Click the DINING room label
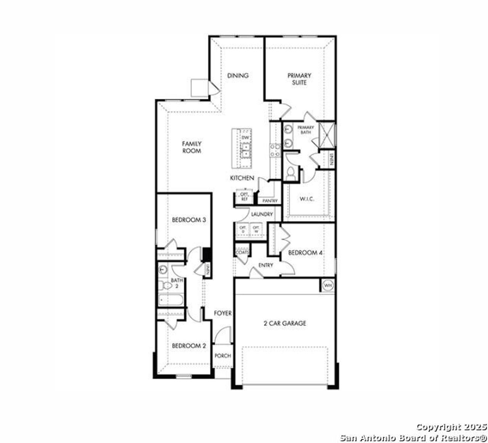pyautogui.click(x=238, y=76)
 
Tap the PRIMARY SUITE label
pyautogui.click(x=299, y=79)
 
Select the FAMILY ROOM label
pyautogui.click(x=191, y=147)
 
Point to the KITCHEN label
pyautogui.click(x=242, y=178)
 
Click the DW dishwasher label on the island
pyautogui.click(x=246, y=137)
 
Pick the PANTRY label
pyautogui.click(x=270, y=201)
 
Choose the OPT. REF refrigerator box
pyautogui.click(x=244, y=197)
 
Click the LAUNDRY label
pyautogui.click(x=262, y=214)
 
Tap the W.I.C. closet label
pyautogui.click(x=307, y=199)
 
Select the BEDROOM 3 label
pyautogui.click(x=189, y=220)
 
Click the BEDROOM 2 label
pyautogui.click(x=189, y=346)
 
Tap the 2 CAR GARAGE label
pyautogui.click(x=285, y=323)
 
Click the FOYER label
pyautogui.click(x=223, y=313)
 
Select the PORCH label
pyautogui.click(x=223, y=356)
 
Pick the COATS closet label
pyautogui.click(x=242, y=253)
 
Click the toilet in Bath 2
pyautogui.click(x=165, y=285)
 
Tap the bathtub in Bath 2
pyautogui.click(x=171, y=300)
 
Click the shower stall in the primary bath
pyautogui.click(x=327, y=134)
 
